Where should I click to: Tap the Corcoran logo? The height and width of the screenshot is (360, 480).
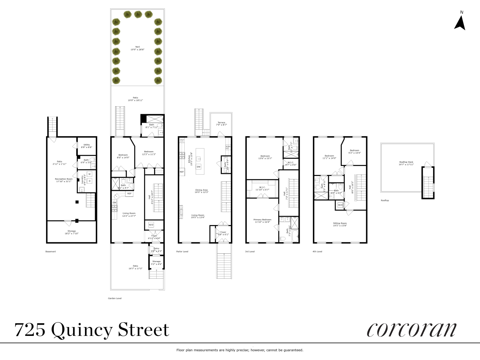click(x=412, y=329)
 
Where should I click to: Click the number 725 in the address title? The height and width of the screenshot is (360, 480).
click(x=30, y=329)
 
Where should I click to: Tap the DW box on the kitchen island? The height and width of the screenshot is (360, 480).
click(x=198, y=167)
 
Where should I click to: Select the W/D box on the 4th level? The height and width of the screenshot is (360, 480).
click(x=340, y=205)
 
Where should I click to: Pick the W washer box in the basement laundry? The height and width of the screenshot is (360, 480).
click(x=89, y=174)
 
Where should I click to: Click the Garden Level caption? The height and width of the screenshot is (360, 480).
click(x=115, y=298)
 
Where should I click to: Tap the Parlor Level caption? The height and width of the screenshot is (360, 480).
click(x=182, y=252)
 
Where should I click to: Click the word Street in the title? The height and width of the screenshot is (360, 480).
click(x=143, y=329)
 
